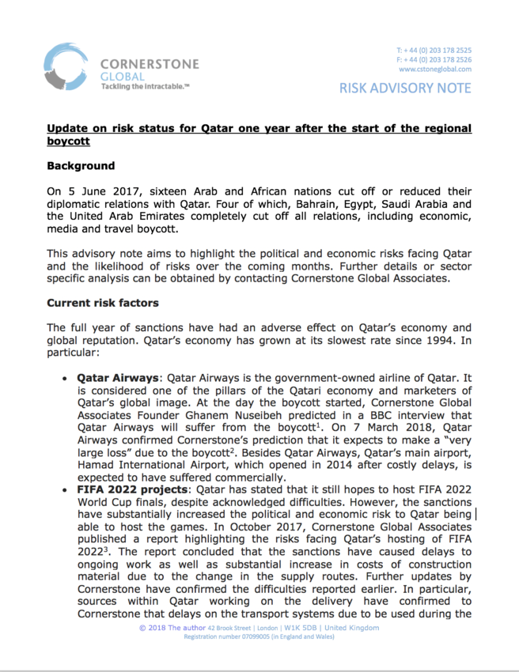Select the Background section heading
pos(81,166)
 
